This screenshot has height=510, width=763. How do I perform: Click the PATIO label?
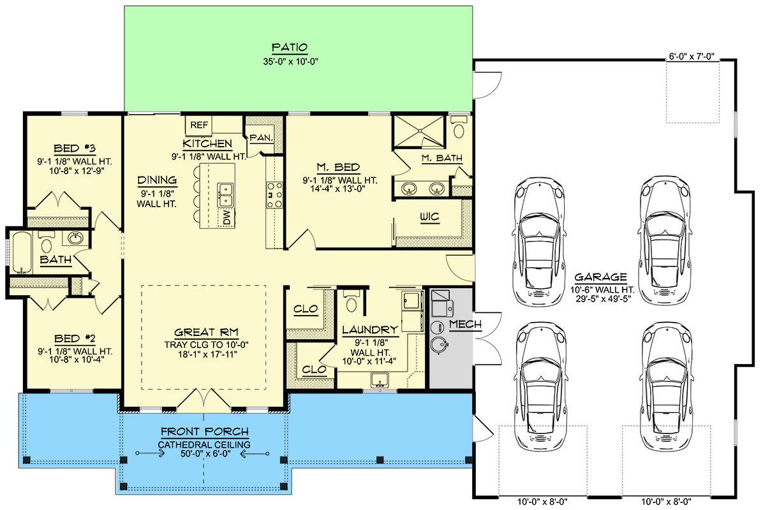tap(290, 47)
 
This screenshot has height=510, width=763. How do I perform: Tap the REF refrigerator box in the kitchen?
tap(196, 125)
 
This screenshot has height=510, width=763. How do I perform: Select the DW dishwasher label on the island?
tap(226, 218)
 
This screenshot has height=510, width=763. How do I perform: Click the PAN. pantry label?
tap(262, 137)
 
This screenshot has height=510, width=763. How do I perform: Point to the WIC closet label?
tap(429, 217)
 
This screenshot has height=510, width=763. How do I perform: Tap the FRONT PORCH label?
tap(204, 432)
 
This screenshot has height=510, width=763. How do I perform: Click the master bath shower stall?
tap(419, 131)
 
